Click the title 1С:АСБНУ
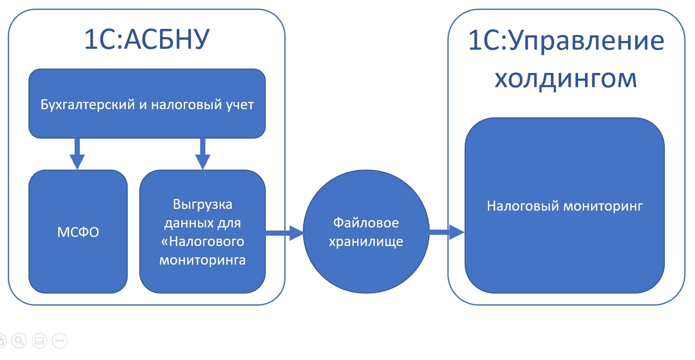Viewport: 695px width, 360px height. pyautogui.click(x=147, y=39)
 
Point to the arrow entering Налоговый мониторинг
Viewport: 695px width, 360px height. pyautogui.click(x=447, y=232)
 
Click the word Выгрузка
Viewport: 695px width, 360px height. pyautogui.click(x=202, y=204)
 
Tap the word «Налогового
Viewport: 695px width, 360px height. pyautogui.click(x=202, y=241)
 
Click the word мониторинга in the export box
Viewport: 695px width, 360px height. pyautogui.click(x=202, y=260)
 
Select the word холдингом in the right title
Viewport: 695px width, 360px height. pyautogui.click(x=566, y=79)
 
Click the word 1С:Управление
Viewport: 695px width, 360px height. pyautogui.click(x=566, y=41)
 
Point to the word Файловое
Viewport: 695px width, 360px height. pyautogui.click(x=366, y=223)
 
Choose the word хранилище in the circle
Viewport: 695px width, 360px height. pyautogui.click(x=366, y=242)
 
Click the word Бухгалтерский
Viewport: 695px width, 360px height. pyautogui.click(x=88, y=104)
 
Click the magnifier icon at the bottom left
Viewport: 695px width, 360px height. pyautogui.click(x=19, y=341)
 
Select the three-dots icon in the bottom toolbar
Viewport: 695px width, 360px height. pyautogui.click(x=60, y=341)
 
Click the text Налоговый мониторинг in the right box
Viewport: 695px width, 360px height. pyautogui.click(x=564, y=206)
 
